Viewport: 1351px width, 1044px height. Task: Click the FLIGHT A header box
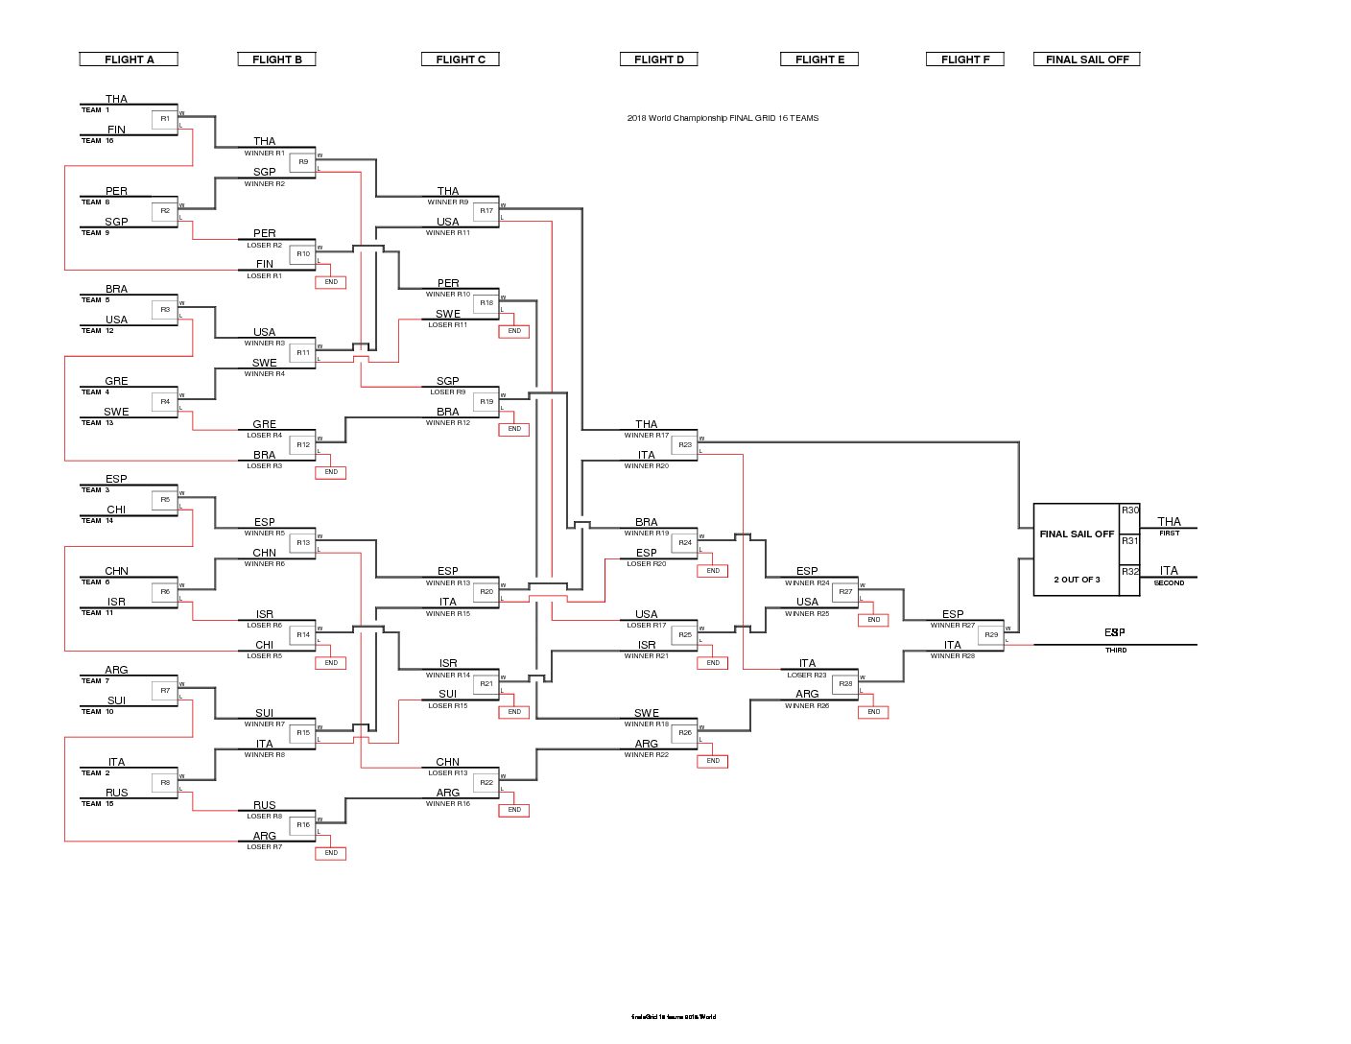point(129,59)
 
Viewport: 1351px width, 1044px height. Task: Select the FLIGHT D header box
point(659,59)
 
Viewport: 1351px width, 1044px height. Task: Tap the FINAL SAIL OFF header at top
point(1086,59)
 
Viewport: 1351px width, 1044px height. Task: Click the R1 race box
point(165,119)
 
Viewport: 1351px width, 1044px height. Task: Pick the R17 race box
point(486,211)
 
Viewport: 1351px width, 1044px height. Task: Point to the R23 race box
point(685,445)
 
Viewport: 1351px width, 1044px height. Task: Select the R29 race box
point(991,635)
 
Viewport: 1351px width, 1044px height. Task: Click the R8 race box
point(165,783)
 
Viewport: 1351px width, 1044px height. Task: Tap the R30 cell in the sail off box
point(1130,510)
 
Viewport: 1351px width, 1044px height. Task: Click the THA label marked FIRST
point(1169,522)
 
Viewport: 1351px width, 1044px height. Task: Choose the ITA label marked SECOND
point(1169,571)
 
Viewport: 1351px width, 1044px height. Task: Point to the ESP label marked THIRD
point(1114,633)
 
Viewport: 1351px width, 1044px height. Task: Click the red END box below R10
point(331,282)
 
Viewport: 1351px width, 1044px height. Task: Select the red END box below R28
point(873,712)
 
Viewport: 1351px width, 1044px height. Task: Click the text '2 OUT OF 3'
point(1077,580)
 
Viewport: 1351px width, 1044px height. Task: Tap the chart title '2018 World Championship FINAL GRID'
point(723,118)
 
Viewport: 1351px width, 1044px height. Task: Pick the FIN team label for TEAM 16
point(116,130)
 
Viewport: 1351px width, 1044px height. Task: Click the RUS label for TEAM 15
point(116,793)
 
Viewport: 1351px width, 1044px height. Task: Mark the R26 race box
point(685,733)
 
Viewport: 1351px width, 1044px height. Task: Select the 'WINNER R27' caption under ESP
point(953,626)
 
